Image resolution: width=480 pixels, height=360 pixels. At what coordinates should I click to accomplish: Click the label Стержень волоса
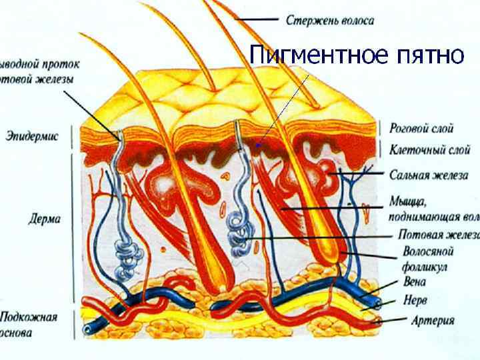coord(330,20)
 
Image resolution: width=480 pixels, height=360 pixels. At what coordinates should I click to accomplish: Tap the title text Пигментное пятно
coord(356,55)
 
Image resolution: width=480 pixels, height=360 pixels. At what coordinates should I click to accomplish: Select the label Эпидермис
coord(32,137)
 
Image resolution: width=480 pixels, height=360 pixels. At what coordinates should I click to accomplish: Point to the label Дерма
coord(45,218)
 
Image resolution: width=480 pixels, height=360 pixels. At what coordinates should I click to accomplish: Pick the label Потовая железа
coord(437,235)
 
